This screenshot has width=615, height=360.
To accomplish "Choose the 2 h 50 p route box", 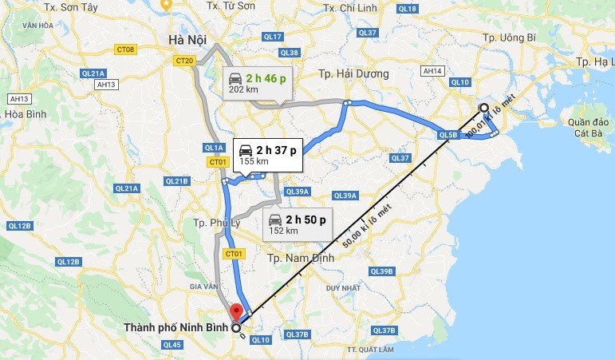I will tap(294, 224).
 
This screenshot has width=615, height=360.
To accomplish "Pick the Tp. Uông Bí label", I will tap(512, 38).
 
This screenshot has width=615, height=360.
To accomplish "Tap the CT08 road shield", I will tap(125, 49).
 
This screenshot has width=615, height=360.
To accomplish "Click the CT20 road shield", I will tap(185, 61).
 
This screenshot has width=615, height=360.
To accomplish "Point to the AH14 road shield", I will tap(433, 71).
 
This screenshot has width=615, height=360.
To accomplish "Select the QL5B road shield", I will tap(447, 136).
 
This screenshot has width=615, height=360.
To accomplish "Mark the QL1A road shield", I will tap(213, 148).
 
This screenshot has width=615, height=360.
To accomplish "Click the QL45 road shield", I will tap(171, 345).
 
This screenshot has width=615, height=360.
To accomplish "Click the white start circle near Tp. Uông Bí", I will tap(483, 108).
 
